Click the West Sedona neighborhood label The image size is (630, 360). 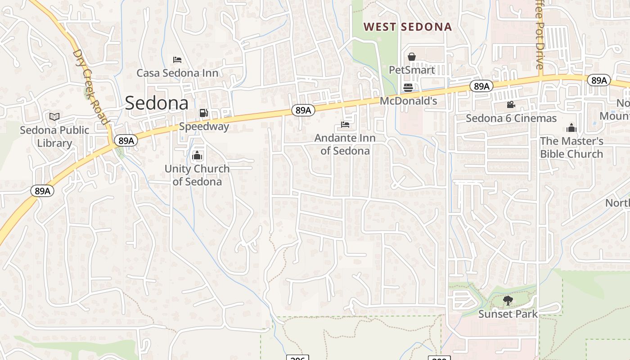407,27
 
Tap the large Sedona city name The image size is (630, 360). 157,103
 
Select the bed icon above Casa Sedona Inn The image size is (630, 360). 177,60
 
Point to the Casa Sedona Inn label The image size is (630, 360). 177,73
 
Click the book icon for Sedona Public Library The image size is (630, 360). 54,117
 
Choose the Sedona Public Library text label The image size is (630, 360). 54,136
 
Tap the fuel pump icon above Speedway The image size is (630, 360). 204,113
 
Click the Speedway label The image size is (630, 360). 204,126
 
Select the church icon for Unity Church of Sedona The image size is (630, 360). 197,156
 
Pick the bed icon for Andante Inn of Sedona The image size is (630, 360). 345,124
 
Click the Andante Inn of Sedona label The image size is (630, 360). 345,144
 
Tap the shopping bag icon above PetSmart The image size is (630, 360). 411,57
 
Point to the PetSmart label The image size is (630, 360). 412,70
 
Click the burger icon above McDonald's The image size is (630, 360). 408,87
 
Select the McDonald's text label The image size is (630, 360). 409,101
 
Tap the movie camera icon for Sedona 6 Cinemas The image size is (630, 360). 511,105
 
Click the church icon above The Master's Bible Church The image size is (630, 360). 571,128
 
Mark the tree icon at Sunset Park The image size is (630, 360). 508,301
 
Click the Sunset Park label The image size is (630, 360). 508,314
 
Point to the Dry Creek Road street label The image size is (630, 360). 90,87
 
